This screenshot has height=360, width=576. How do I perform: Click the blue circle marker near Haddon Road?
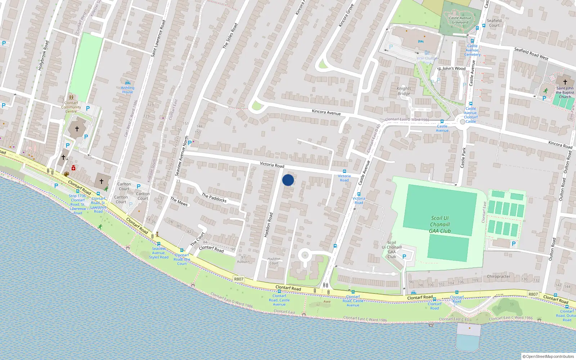[x=288, y=180]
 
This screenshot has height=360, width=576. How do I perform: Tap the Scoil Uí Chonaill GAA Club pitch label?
[x=440, y=224]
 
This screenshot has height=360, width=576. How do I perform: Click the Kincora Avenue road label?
[x=326, y=112]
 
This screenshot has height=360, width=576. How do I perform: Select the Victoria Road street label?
[x=272, y=165]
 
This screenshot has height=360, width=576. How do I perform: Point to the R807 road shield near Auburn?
[x=239, y=279]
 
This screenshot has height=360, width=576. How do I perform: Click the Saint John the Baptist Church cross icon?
[x=565, y=82]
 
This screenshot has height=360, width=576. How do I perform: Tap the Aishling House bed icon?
[x=127, y=83]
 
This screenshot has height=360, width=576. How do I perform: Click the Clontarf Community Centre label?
[x=71, y=107]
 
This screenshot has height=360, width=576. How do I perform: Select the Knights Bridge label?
[x=404, y=91]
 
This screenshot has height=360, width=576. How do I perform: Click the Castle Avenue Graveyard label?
[x=460, y=20]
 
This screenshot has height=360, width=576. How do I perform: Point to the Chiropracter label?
[x=498, y=276]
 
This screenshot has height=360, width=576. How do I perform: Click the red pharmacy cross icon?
[x=73, y=168]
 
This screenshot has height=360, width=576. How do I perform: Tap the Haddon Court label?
[x=274, y=261]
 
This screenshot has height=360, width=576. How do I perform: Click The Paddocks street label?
[x=214, y=198]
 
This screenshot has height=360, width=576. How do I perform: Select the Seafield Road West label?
[x=531, y=54]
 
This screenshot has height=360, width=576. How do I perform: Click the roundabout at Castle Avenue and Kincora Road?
[x=463, y=122]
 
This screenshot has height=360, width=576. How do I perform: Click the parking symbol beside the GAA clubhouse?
[x=404, y=257]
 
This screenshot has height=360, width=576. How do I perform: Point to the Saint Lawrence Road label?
[x=158, y=39]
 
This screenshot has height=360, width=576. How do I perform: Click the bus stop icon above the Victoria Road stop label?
[x=345, y=171]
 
